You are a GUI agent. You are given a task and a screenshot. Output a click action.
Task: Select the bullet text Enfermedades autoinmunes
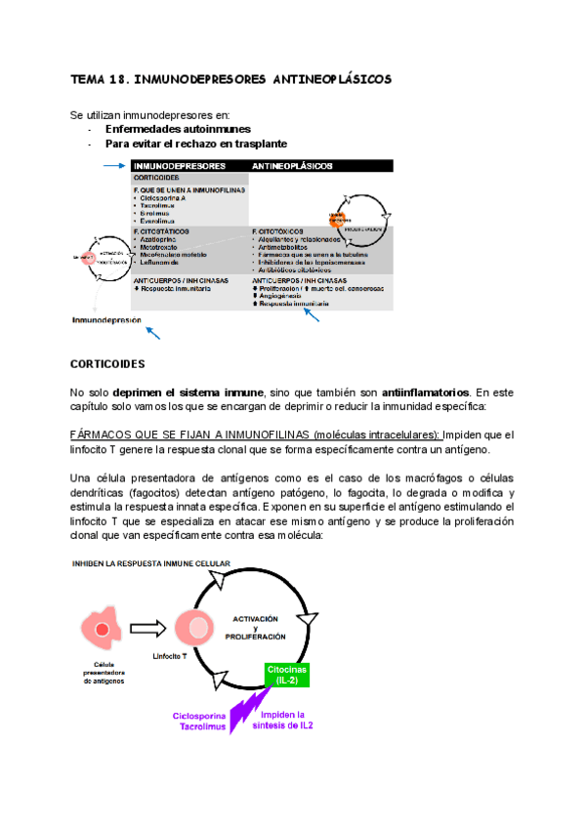coord(178,129)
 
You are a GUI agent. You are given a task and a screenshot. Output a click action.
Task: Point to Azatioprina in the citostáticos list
coord(165,239)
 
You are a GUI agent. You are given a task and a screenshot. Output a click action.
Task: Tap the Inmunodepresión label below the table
coord(105,319)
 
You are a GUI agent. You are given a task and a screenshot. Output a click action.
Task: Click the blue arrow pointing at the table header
coord(114,166)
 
